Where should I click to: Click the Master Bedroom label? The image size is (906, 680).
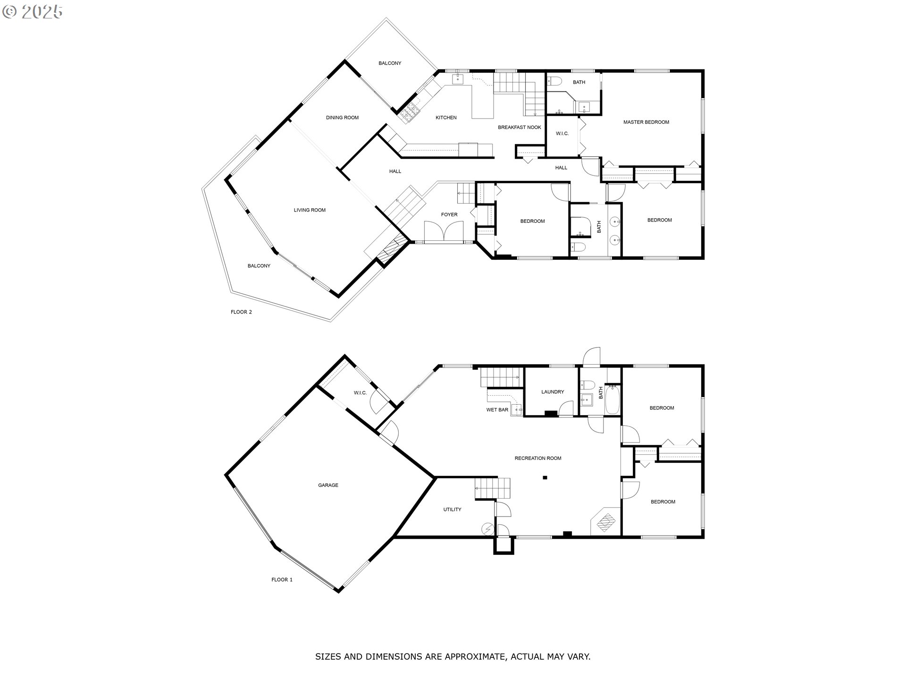click(646, 122)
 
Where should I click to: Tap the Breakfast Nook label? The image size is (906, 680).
click(520, 127)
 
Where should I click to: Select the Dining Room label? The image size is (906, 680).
click(342, 118)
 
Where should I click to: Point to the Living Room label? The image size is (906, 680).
click(310, 210)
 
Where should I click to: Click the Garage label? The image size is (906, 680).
click(328, 485)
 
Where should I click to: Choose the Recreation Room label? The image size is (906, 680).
click(538, 458)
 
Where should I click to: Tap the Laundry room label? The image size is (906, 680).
click(553, 392)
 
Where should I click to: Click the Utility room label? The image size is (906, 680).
click(452, 510)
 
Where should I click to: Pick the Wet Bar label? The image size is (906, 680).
click(497, 410)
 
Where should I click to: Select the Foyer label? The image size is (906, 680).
click(449, 215)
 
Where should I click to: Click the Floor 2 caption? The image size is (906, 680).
click(241, 312)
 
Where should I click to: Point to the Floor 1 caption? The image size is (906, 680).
click(282, 580)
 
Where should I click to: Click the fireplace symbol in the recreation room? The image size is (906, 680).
click(606, 522)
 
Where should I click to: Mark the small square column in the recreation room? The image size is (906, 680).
click(545, 478)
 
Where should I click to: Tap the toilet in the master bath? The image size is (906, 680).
click(554, 81)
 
